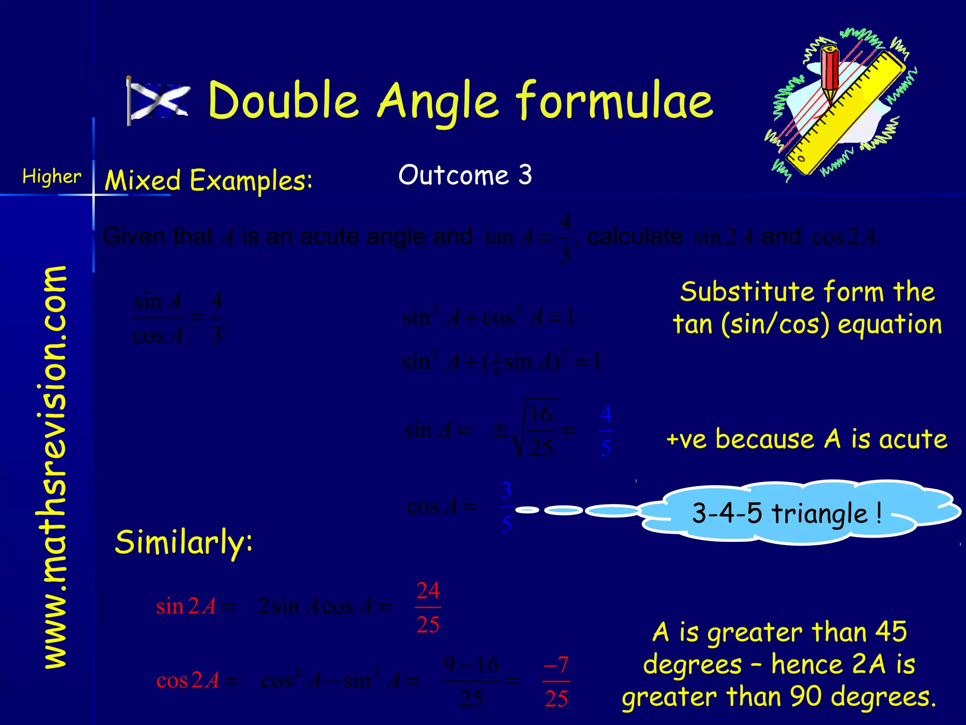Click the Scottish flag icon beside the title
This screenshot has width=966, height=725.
tap(158, 101)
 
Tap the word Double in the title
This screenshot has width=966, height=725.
tap(283, 100)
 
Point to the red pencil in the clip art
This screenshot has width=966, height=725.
tap(830, 71)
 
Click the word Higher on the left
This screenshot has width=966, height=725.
tap(52, 177)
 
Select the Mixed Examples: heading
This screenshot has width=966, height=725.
tap(208, 180)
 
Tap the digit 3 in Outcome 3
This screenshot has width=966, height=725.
tap(525, 175)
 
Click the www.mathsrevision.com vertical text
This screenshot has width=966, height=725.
tap(55, 467)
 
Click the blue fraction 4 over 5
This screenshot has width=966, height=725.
tap(606, 430)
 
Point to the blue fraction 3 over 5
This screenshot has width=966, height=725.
tap(507, 507)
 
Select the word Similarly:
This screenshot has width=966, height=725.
tap(184, 543)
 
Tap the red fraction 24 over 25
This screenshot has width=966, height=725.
tap(428, 607)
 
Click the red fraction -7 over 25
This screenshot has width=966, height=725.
tap(556, 681)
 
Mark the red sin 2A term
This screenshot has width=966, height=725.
tap(186, 607)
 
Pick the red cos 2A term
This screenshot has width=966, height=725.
tap(188, 681)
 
